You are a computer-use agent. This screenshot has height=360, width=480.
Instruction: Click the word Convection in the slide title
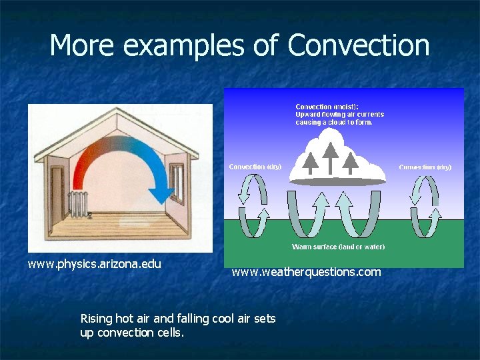tap(359, 45)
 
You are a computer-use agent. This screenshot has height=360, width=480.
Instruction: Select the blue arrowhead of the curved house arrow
tap(161, 194)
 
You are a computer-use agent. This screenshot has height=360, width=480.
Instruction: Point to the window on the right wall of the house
tap(177, 182)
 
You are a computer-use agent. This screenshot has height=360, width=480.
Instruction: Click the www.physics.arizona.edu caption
tap(94, 264)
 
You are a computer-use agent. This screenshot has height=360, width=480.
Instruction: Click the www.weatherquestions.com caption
tap(306, 272)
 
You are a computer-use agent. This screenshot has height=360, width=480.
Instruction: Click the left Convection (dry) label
tap(255, 167)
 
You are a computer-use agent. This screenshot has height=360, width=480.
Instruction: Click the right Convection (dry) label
tap(425, 167)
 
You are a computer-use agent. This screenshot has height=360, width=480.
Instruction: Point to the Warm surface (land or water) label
tap(338, 247)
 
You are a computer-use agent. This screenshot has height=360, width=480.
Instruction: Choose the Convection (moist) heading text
tap(327, 107)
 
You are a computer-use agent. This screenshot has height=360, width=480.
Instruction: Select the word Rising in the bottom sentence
tap(96, 319)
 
